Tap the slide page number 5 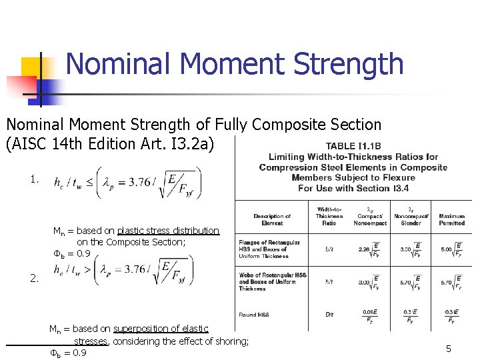pyautogui.click(x=449, y=349)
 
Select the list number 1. pyautogui.click(x=34, y=179)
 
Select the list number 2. pyautogui.click(x=34, y=279)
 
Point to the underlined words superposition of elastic pyautogui.click(x=161, y=329)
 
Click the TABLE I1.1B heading pyautogui.click(x=353, y=147)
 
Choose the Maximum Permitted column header pyautogui.click(x=452, y=219)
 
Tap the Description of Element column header pyautogui.click(x=272, y=219)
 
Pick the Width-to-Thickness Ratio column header pyautogui.click(x=329, y=216)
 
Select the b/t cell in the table pyautogui.click(x=329, y=249)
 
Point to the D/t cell pyautogui.click(x=329, y=315)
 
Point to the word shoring pyautogui.click(x=230, y=341)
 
